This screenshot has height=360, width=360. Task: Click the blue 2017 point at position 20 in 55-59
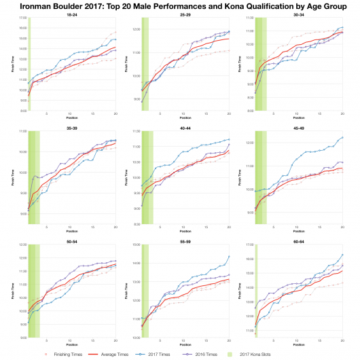pyautogui.click(x=229, y=256)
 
